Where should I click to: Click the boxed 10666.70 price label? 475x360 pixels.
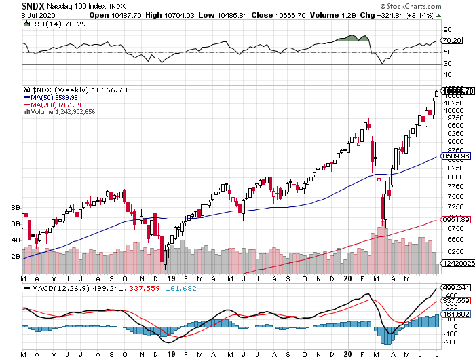point(456,90)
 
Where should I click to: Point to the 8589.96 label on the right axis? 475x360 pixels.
point(456,156)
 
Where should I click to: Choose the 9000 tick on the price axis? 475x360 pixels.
point(453,141)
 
